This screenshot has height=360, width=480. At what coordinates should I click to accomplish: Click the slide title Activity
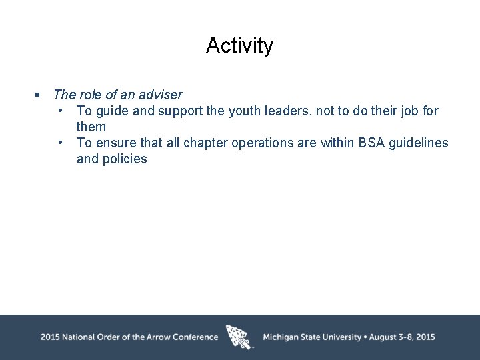pos(239,45)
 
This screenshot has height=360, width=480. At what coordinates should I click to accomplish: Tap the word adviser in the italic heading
pos(160,95)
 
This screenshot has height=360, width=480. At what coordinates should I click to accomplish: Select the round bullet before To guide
pos(61,111)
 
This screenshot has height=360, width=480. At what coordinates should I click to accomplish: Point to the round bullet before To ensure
pos(61,143)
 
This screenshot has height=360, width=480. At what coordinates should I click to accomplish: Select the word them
pos(91,127)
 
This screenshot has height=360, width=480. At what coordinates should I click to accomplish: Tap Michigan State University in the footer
pos(312,337)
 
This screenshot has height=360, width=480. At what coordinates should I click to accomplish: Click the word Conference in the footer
pos(195,337)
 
